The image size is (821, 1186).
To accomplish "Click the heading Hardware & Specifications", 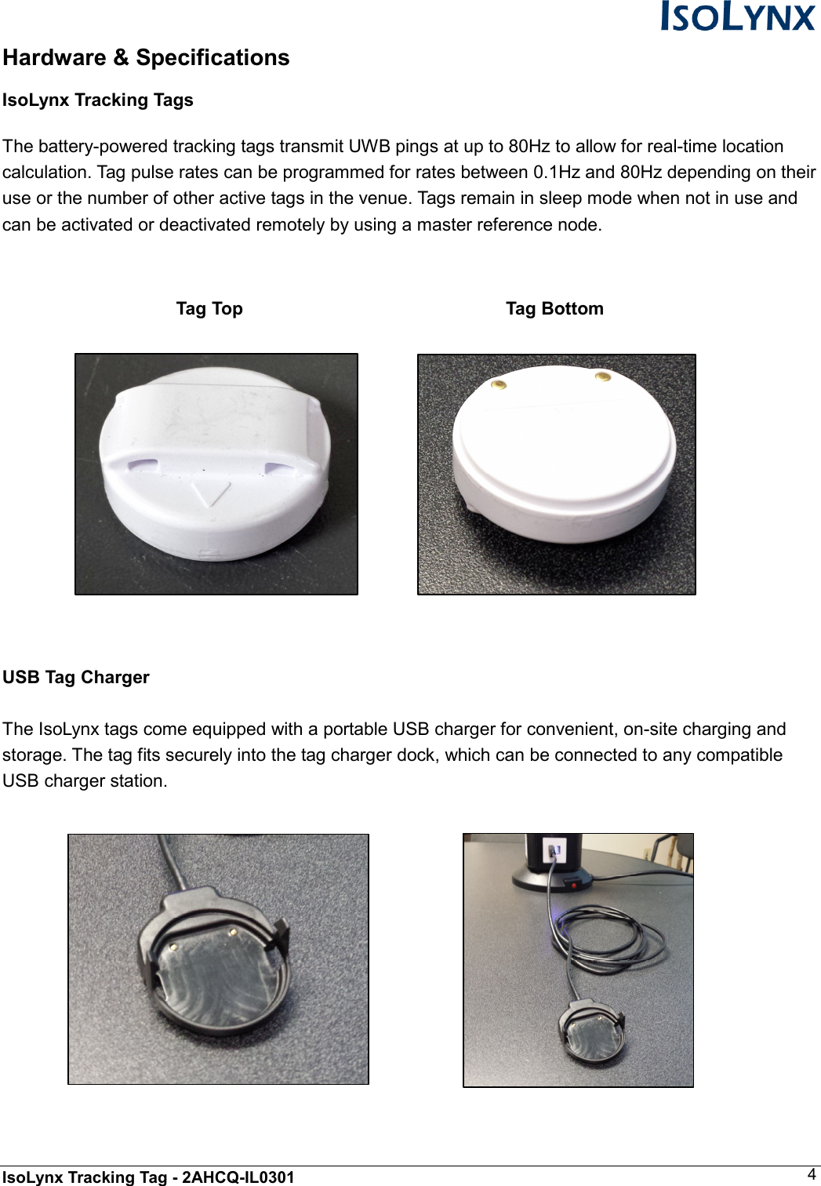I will pos(146,58).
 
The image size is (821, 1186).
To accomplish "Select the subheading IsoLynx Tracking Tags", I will pos(98,100).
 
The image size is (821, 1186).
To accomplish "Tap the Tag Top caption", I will pos(209,309).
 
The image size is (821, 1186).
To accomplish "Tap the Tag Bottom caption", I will pos(554,309).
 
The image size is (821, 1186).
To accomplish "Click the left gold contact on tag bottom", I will pos(498,384).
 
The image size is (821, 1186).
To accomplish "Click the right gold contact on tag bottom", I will pos(602,377).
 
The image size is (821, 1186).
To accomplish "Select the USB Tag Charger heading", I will pos(76,678).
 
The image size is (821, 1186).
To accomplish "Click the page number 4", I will pos(812,1174).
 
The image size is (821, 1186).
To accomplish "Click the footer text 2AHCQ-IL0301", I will pos(238,1177).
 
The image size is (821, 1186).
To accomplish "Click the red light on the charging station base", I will pos(574,885).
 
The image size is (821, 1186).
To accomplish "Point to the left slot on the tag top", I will pos(143,464).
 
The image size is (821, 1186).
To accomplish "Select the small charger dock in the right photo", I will pos(591,1033).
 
